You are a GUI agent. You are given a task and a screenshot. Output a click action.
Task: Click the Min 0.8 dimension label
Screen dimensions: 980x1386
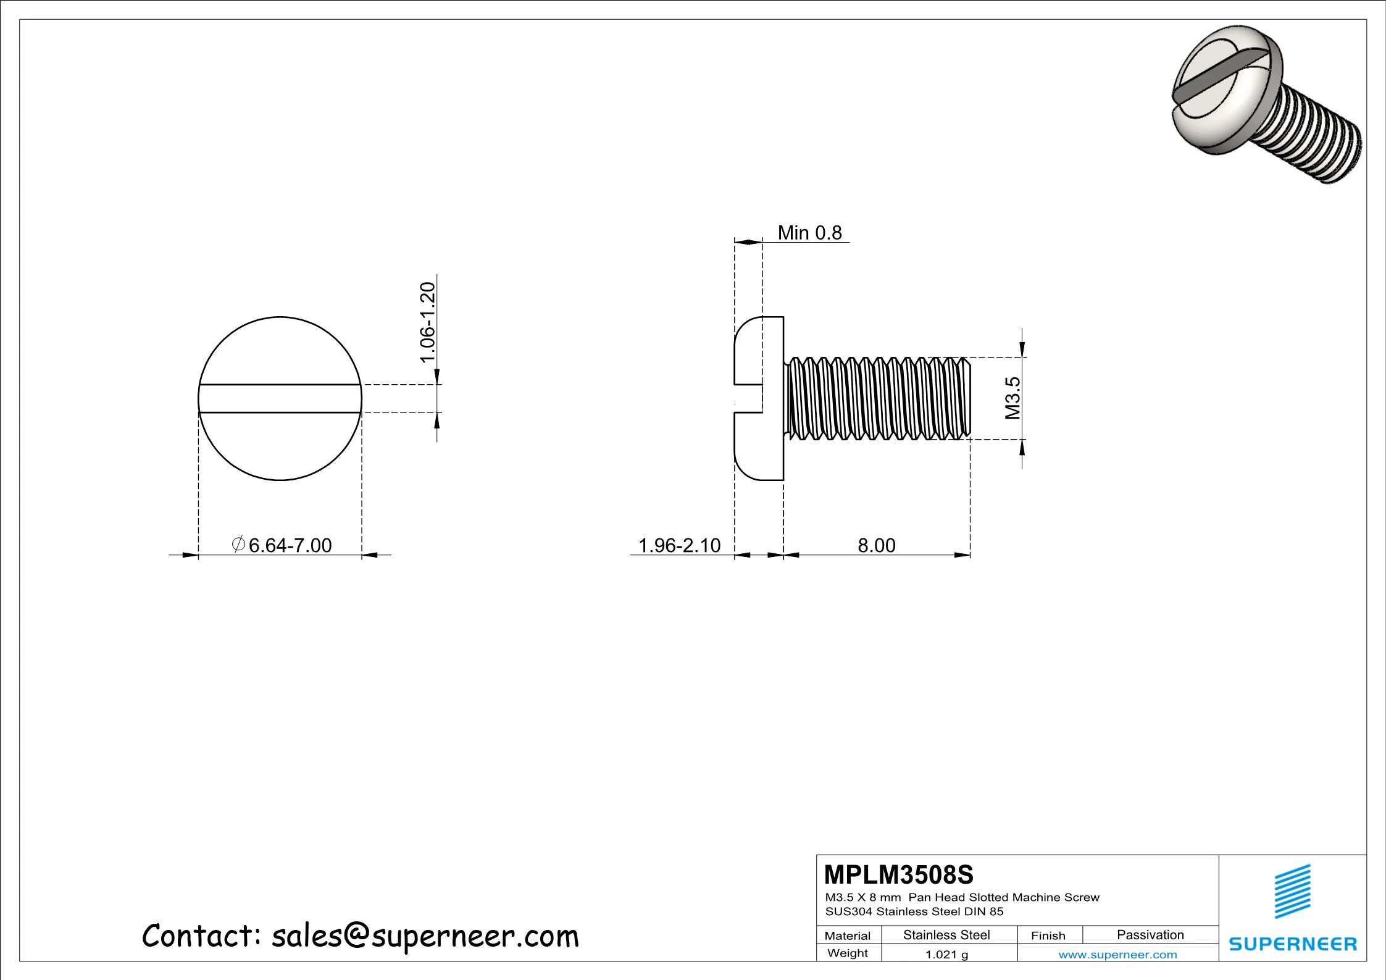coord(809,233)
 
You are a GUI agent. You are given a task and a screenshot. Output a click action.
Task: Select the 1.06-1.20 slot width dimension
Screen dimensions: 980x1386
coord(428,323)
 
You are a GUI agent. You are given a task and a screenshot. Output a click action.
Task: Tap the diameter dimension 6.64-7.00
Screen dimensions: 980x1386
coord(290,545)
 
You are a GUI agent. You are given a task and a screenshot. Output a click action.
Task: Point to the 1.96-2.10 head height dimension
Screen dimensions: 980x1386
coord(679,545)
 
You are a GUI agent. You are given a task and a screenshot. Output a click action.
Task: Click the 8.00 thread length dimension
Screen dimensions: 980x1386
coord(876,545)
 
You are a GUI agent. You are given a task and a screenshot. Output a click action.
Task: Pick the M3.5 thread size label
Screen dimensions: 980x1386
coord(1012,398)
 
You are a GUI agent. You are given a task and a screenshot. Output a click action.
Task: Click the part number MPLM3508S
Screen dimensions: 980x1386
coord(898,875)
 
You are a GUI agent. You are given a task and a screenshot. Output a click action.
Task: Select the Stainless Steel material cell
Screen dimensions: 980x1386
coord(946,935)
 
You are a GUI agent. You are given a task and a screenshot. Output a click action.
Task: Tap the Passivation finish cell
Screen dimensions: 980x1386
coord(1150,935)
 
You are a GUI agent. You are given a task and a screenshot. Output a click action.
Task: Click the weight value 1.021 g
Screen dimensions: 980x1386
coord(946,955)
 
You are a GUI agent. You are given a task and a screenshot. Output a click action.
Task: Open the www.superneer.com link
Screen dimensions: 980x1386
coord(1117,955)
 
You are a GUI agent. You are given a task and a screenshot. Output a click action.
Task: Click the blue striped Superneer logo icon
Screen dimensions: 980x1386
coord(1293,891)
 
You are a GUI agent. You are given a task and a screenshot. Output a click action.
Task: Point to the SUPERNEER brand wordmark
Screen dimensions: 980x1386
coord(1293,944)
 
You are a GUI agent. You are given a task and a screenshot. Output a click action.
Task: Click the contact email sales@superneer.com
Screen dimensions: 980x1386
coord(425,936)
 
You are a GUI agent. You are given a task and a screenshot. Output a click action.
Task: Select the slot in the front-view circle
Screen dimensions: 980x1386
coord(280,398)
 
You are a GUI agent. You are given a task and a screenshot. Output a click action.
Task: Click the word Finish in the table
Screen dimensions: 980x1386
coord(1048,936)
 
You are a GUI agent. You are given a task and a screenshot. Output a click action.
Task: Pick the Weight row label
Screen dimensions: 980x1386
coord(847,953)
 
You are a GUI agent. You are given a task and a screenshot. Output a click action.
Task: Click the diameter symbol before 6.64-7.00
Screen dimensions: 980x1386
coord(238,544)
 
